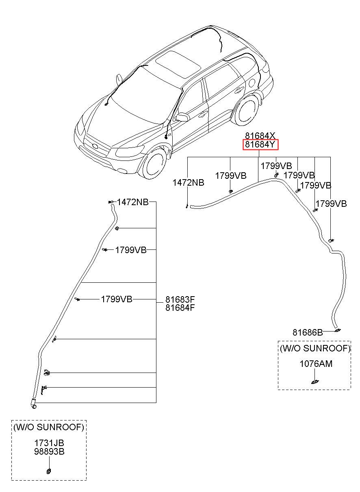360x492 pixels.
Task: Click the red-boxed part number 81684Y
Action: coord(260,145)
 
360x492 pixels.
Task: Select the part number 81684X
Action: coord(260,136)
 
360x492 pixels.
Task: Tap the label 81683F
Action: coord(180,299)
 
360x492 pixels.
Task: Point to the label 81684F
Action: coord(180,308)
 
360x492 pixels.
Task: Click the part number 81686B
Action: coord(308,333)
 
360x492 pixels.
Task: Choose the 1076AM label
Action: coord(316,364)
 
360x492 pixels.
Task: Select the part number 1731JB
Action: coord(49,443)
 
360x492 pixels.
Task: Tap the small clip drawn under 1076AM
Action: coord(315,382)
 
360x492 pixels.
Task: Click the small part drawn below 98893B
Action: coord(49,471)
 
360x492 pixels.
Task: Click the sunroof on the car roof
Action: coord(178,64)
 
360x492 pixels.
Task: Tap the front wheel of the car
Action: coord(154,163)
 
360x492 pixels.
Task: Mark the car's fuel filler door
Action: coord(252,82)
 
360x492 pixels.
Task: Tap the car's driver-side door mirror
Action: coord(182,117)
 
